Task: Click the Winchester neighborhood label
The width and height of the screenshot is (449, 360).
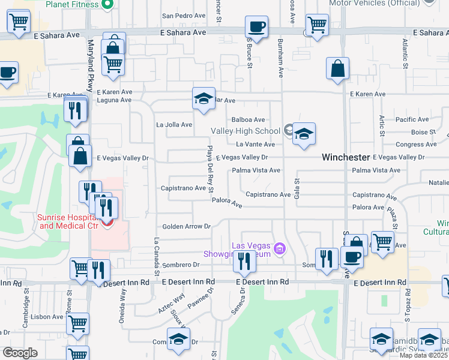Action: [345, 157]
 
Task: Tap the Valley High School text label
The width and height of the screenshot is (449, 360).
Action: [246, 131]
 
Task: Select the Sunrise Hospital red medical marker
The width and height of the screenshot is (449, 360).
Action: [107, 224]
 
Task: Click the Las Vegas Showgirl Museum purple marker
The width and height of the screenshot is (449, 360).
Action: [279, 248]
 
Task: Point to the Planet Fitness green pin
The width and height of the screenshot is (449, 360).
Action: [107, 5]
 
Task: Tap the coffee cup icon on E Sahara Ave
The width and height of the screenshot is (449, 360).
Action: [256, 28]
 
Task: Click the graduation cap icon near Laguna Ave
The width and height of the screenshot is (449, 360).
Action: [203, 98]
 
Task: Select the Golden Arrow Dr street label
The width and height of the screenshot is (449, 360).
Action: [186, 226]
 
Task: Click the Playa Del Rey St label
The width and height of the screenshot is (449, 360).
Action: [211, 170]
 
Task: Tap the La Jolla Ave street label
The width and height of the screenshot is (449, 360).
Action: [174, 125]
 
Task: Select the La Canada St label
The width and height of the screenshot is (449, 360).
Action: [156, 256]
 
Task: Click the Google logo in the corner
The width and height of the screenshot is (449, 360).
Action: [19, 353]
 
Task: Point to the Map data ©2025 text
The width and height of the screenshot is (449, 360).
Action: [424, 355]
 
